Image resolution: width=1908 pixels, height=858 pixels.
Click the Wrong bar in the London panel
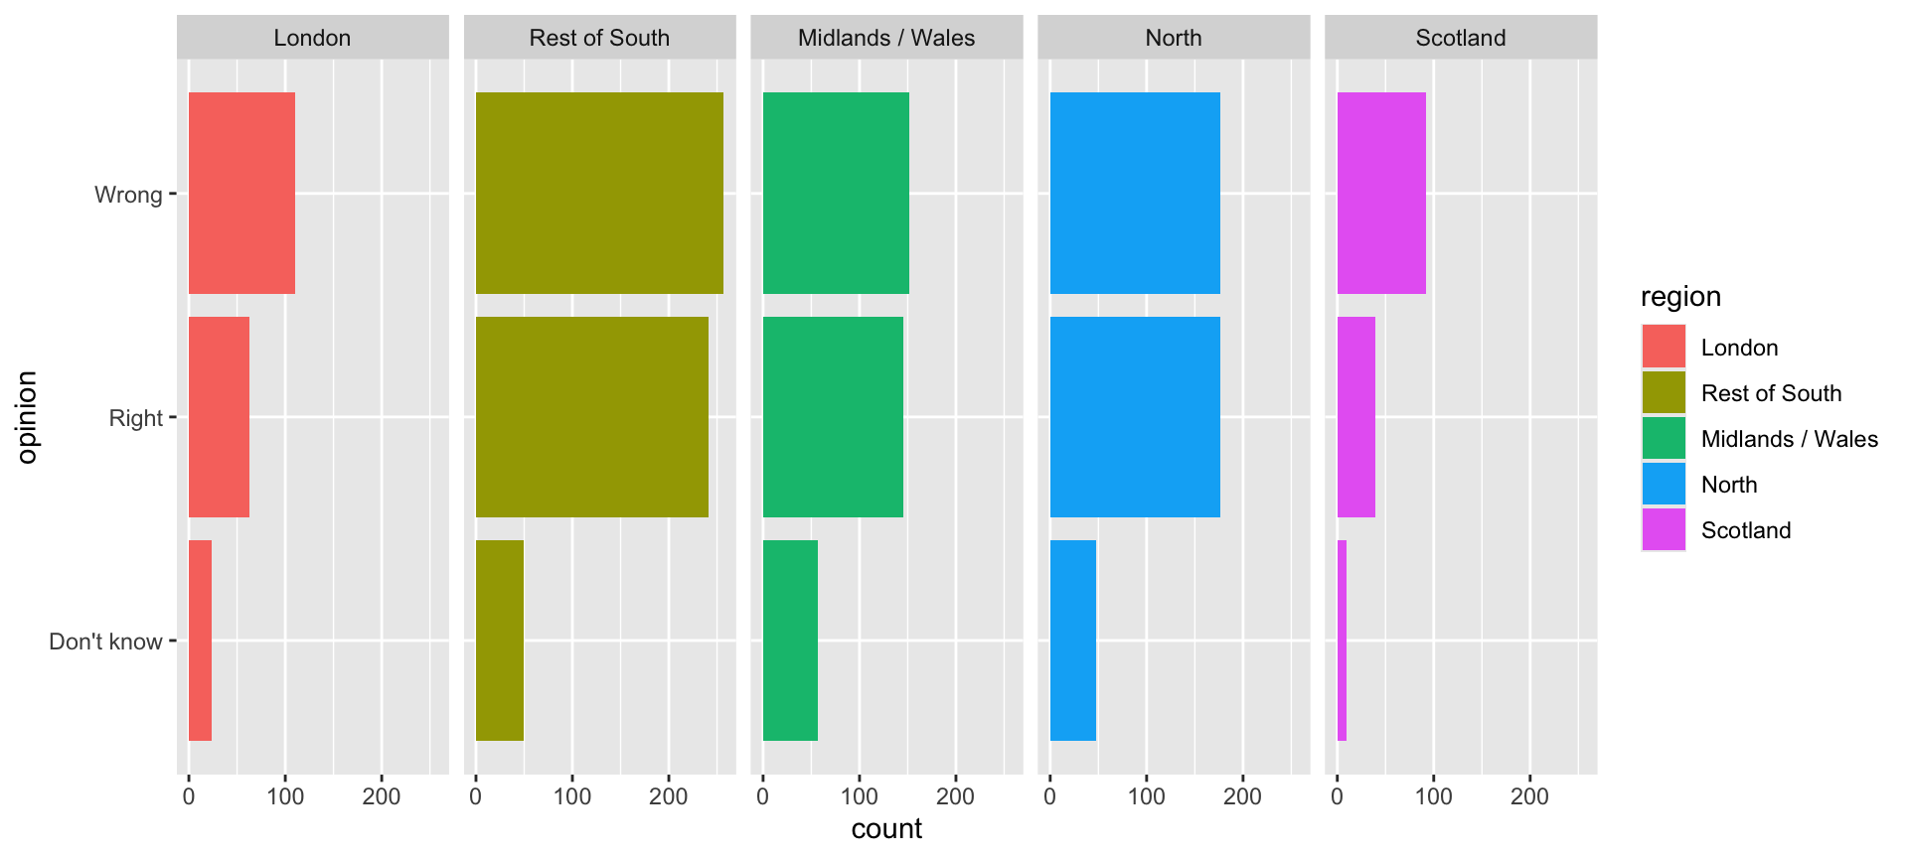[241, 194]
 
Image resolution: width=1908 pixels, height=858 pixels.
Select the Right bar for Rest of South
[591, 417]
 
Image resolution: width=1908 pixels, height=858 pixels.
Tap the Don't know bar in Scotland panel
[1342, 641]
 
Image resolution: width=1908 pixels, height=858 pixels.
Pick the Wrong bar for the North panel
[1134, 194]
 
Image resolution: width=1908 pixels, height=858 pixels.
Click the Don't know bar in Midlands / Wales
[790, 641]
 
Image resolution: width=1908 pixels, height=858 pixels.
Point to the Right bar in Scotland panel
[1355, 417]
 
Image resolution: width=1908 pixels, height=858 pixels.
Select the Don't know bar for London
[200, 641]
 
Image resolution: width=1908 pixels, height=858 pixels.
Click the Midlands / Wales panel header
[886, 38]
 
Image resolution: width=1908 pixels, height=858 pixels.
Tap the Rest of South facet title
[599, 38]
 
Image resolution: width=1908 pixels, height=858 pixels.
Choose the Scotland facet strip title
[1460, 38]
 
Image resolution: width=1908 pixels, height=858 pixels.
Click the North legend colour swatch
[1664, 485]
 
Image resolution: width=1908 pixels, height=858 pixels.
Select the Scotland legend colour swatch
[1664, 530]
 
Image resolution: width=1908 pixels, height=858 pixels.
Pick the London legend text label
[1739, 348]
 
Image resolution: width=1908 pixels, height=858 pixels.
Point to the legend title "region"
[1680, 297]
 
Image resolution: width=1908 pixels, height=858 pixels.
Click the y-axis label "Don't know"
[105, 642]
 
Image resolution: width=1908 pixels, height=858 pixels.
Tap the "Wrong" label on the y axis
[128, 195]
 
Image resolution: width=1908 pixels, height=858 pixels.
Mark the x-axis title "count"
[886, 828]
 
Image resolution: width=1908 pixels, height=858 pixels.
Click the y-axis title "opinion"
[27, 417]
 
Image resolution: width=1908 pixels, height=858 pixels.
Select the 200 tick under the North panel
[1242, 796]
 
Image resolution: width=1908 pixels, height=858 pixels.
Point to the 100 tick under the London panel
[285, 796]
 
